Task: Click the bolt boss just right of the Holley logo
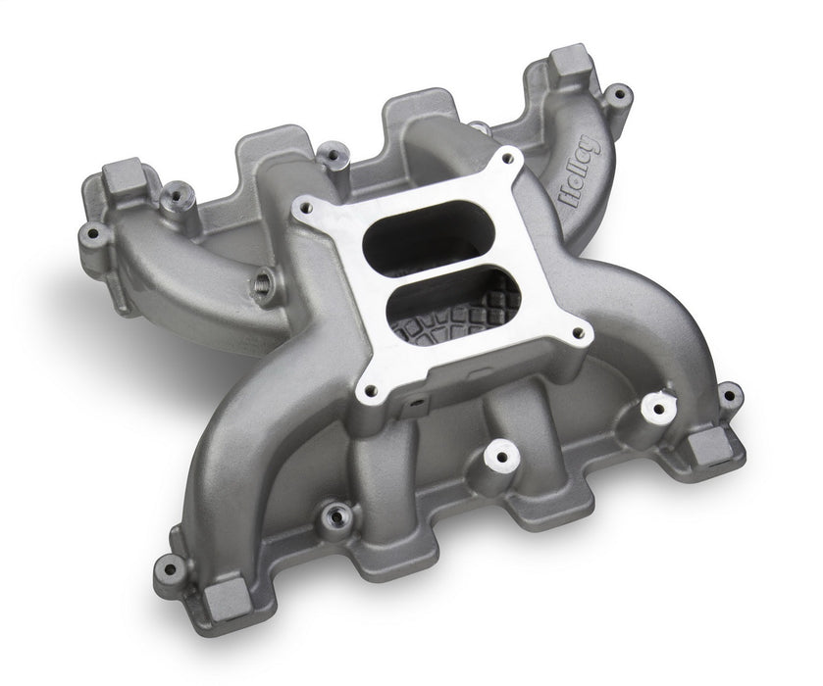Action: click(616, 95)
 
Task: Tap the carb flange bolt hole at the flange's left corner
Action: click(307, 209)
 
